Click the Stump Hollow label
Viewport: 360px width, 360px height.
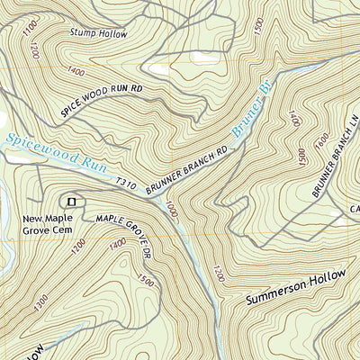pyautogui.click(x=98, y=33)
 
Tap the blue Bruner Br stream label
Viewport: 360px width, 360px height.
pyautogui.click(x=251, y=116)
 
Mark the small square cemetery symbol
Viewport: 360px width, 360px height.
pyautogui.click(x=70, y=202)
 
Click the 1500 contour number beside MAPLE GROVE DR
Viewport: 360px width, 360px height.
pyautogui.click(x=147, y=280)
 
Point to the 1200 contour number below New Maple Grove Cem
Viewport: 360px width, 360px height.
pyautogui.click(x=77, y=246)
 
